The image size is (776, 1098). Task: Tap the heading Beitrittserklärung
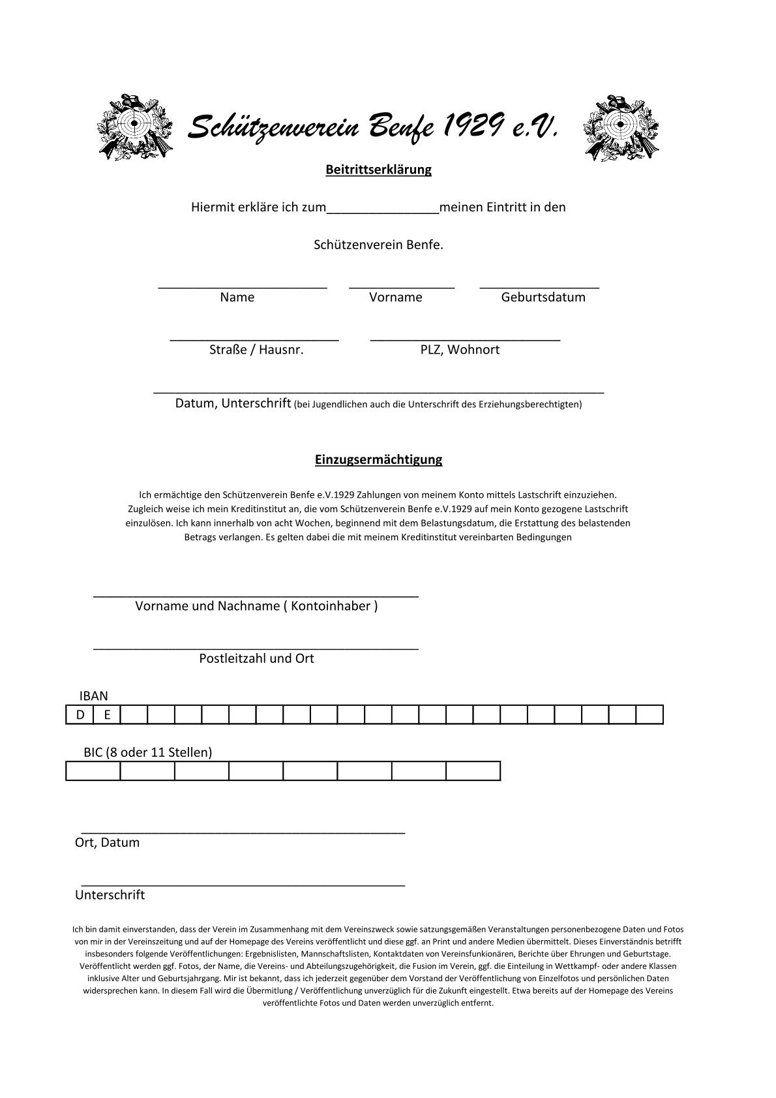pyautogui.click(x=378, y=170)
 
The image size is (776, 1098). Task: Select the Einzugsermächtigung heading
pyautogui.click(x=378, y=459)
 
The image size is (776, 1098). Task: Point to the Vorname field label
pyautogui.click(x=396, y=297)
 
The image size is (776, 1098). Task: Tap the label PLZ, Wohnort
pyautogui.click(x=460, y=350)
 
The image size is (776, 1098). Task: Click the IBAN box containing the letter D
pyautogui.click(x=80, y=715)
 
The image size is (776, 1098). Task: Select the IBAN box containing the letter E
pyautogui.click(x=108, y=715)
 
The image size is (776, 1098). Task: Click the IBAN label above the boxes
pyautogui.click(x=94, y=696)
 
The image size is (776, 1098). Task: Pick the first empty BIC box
pyautogui.click(x=93, y=771)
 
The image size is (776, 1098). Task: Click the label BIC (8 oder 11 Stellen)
pyautogui.click(x=148, y=752)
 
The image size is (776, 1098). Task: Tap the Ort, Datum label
pyautogui.click(x=107, y=842)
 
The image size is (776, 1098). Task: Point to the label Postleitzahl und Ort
pyautogui.click(x=256, y=658)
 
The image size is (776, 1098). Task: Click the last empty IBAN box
pyautogui.click(x=649, y=715)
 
